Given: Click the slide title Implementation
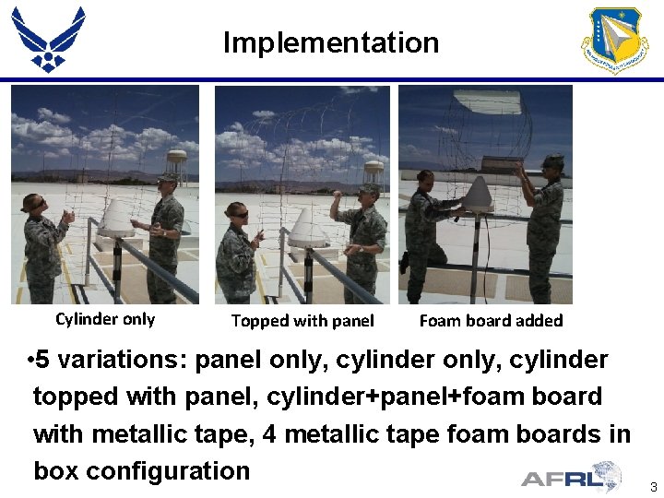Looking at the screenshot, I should pos(331,42).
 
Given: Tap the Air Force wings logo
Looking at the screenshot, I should pos(48,39).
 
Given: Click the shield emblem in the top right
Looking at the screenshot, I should pos(615,41).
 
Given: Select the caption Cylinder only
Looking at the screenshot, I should pos(105,319).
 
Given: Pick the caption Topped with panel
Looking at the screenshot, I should pos(302,321).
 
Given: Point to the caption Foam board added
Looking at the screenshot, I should pos(491,321).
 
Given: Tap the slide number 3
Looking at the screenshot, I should pos(653,487).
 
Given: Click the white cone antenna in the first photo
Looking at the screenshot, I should pos(117,217).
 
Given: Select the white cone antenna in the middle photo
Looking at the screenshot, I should pos(308,227).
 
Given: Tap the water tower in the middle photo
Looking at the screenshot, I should pos(373,172).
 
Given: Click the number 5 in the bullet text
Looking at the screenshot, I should pos(42,360).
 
